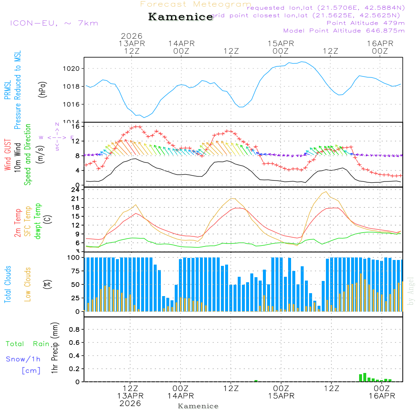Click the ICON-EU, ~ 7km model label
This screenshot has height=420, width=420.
pos(54,23)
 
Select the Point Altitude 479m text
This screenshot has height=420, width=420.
pos(365,23)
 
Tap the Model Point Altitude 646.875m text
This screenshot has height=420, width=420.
pos(344,31)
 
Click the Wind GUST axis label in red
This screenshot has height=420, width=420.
pos(8,155)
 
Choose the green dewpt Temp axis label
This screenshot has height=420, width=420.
pos(38,221)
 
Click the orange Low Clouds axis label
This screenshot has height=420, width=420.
pos(28,284)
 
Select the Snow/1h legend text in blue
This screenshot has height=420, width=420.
pos(23,359)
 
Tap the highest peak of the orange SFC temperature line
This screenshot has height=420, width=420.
pos(325,192)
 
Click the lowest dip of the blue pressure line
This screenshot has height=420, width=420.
pos(144,117)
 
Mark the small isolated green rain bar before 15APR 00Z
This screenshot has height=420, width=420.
pos(256,381)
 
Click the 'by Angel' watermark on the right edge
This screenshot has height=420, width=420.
pos(411,291)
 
